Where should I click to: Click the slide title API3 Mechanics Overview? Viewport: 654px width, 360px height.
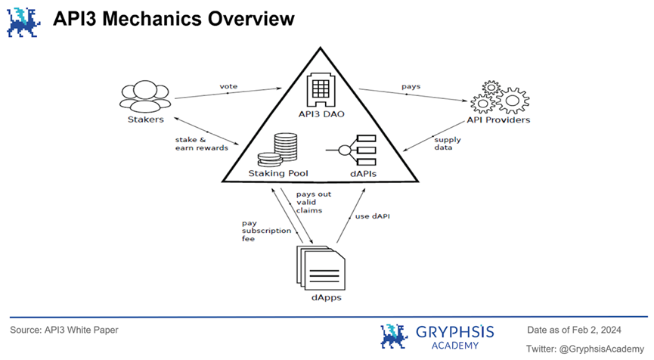(x=173, y=19)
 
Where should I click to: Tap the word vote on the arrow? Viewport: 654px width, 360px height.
(x=228, y=86)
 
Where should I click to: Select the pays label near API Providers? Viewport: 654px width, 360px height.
(x=411, y=86)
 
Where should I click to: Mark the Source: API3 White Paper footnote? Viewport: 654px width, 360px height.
(x=64, y=331)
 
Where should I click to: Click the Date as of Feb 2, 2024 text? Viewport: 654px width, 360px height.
(x=572, y=330)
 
